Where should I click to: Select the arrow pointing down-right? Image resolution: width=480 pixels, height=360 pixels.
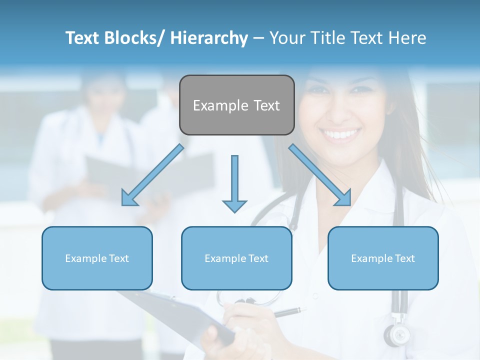[x=320, y=175]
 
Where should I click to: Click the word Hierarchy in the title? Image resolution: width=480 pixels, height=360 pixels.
[x=209, y=38]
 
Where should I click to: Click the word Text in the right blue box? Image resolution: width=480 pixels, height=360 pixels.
[x=404, y=258]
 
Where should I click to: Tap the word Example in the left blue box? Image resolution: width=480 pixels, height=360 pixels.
[x=85, y=258]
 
